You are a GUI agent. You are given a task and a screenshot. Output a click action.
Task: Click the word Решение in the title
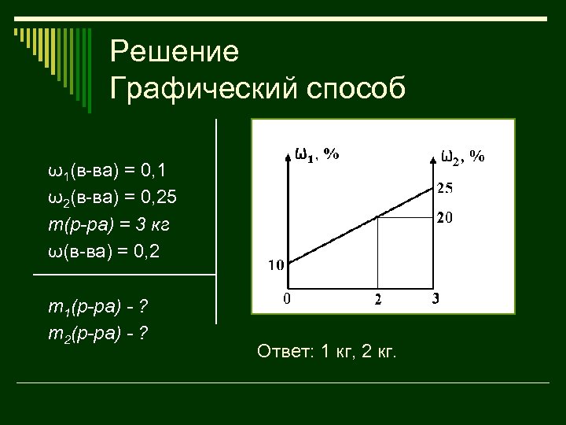(x=174, y=53)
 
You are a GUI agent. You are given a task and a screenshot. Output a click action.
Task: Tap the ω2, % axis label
(x=463, y=157)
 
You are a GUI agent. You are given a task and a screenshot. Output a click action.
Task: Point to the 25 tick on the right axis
(x=445, y=188)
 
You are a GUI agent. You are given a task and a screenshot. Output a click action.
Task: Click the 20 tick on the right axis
(x=445, y=217)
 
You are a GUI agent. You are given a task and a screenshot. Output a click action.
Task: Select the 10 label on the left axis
(x=276, y=265)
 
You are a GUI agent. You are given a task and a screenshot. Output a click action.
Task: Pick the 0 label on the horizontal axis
(x=288, y=299)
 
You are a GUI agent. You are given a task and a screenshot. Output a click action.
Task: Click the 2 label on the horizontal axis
(x=378, y=300)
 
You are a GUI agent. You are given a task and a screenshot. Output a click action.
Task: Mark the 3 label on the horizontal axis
(x=437, y=299)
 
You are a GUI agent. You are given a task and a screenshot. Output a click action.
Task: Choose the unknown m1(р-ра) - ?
(x=99, y=307)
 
